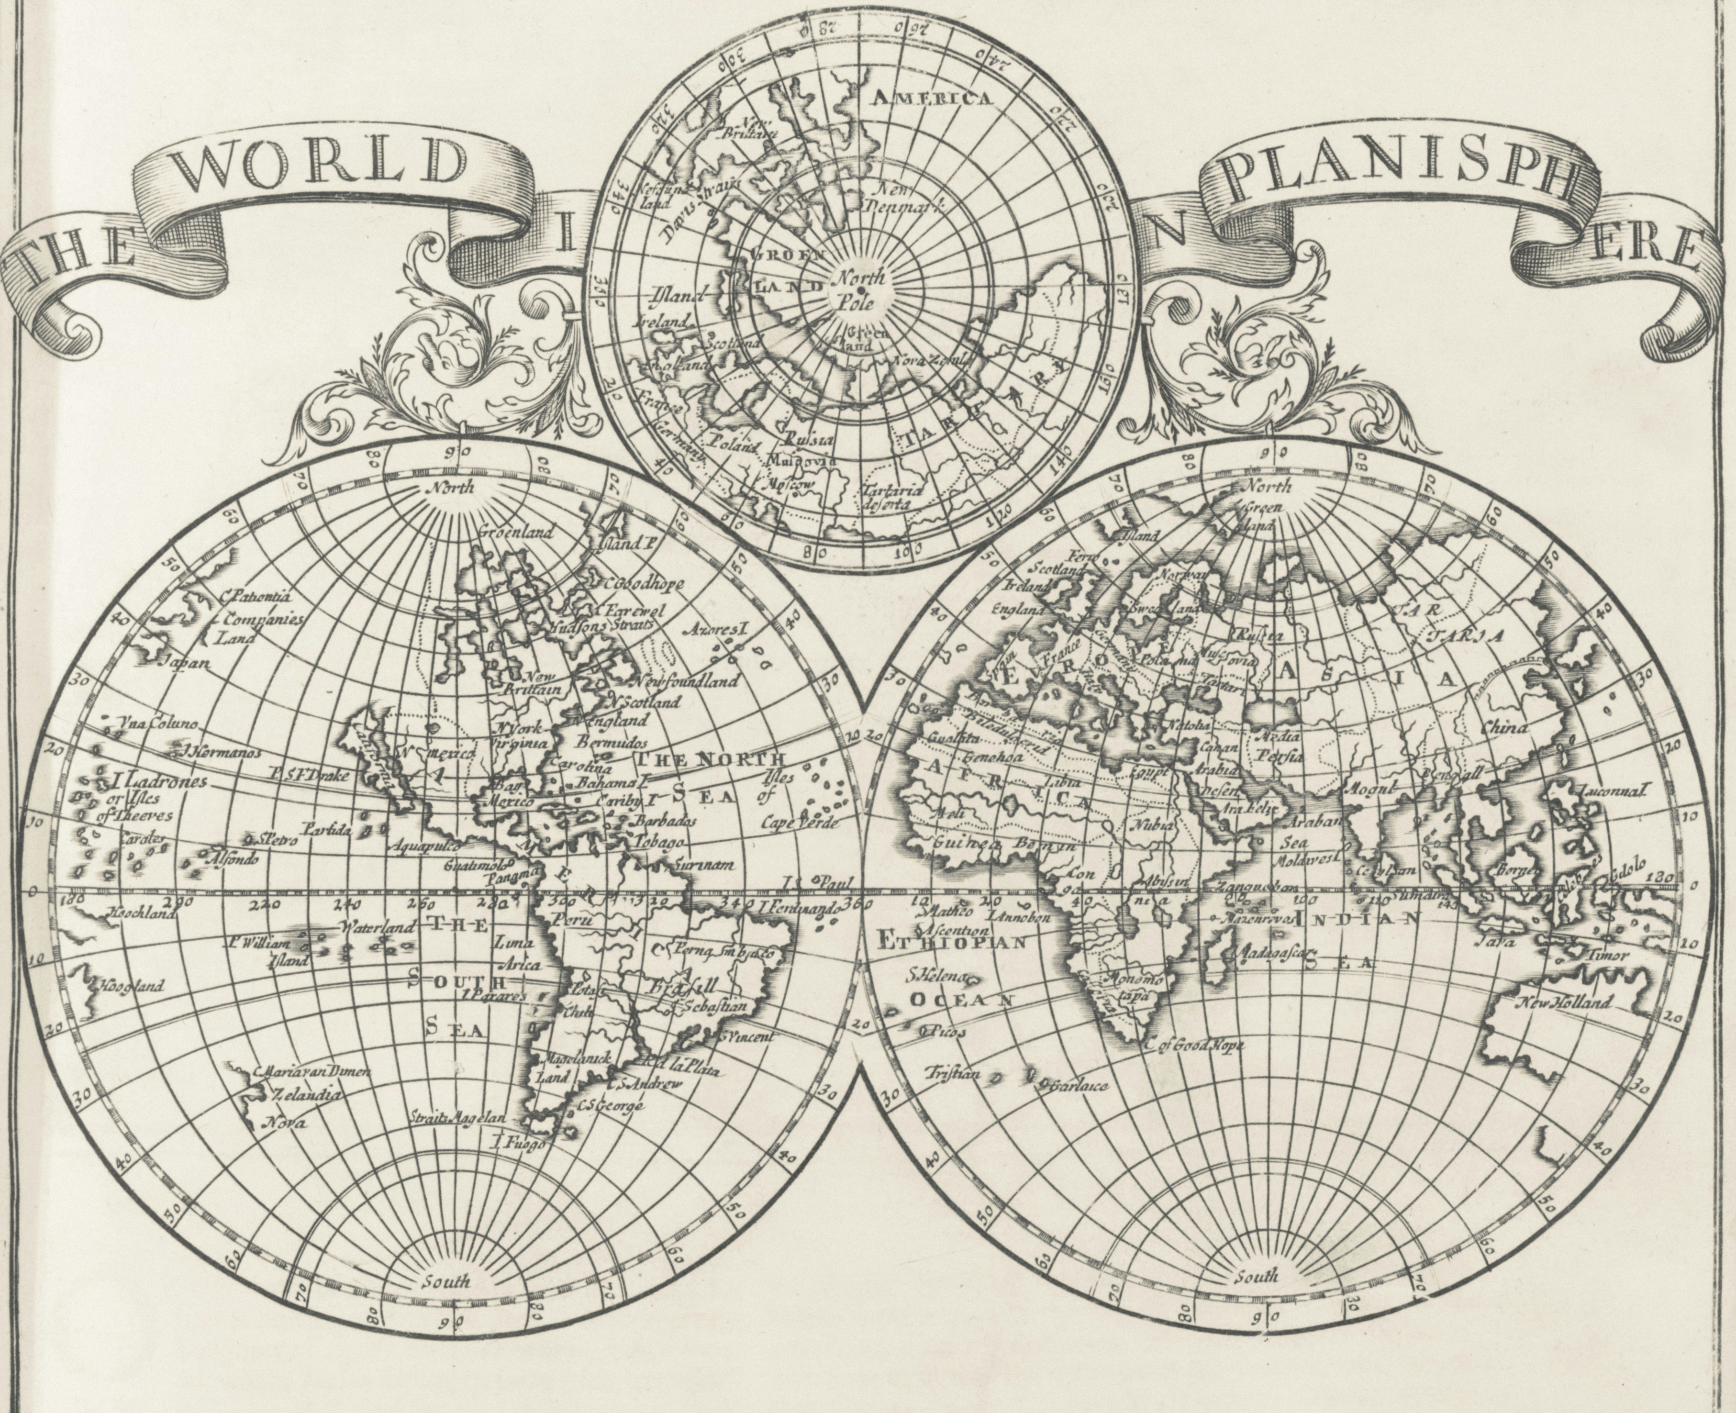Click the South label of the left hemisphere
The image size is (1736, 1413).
pos(446,1281)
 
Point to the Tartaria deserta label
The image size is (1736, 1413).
pos(891,497)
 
